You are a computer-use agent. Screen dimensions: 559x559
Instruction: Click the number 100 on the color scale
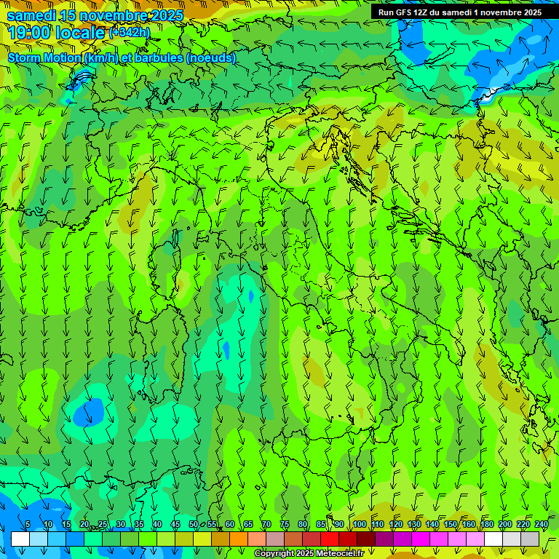[360, 525]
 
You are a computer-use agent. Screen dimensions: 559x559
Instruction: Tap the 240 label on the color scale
[542, 525]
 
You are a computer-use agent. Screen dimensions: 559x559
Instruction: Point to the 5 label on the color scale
[28, 525]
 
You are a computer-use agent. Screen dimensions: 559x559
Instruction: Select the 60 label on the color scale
[229, 525]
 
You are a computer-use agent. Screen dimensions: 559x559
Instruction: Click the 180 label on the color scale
[487, 525]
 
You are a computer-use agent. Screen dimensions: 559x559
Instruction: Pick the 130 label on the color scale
[414, 525]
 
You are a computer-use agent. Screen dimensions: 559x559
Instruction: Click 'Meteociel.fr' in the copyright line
[340, 554]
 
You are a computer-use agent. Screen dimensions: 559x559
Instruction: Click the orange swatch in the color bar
[239, 539]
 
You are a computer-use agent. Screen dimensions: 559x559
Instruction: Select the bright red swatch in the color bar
[330, 539]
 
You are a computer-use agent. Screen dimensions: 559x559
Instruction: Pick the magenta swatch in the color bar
[421, 539]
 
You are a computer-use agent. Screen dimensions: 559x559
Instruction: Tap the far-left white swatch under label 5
[20, 539]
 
